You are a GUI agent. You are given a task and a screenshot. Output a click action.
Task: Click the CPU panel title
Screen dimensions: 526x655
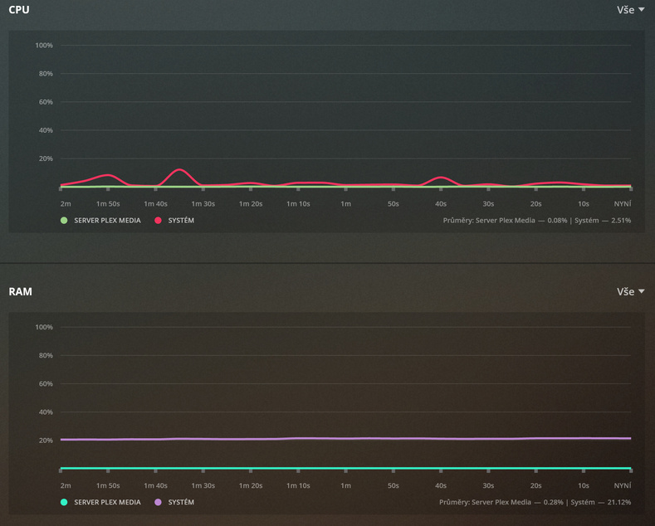click(x=20, y=9)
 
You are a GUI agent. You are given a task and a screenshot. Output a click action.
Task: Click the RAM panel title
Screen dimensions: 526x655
click(x=20, y=291)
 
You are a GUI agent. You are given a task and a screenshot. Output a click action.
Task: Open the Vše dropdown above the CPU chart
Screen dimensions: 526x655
click(x=630, y=10)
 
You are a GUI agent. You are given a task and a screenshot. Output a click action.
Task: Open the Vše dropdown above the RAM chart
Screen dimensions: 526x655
click(x=630, y=292)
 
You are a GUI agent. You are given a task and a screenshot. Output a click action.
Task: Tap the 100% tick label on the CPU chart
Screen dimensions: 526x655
click(x=44, y=45)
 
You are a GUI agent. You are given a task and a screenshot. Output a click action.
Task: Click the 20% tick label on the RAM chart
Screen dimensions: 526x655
click(x=46, y=441)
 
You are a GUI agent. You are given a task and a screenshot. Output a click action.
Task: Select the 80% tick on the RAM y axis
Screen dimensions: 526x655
click(x=46, y=355)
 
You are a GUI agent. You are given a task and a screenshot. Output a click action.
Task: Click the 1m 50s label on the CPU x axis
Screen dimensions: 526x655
click(x=108, y=203)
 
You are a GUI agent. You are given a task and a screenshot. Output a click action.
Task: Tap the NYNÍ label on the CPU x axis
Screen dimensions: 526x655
click(x=622, y=203)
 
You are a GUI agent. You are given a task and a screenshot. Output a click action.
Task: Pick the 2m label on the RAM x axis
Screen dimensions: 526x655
click(x=66, y=485)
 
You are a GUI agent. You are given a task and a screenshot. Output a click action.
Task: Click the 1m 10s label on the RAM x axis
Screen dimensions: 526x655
click(x=298, y=485)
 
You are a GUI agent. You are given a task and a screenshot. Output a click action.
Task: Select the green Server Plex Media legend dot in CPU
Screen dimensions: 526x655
click(x=64, y=221)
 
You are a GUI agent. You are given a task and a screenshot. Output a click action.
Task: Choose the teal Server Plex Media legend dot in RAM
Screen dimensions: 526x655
click(x=64, y=502)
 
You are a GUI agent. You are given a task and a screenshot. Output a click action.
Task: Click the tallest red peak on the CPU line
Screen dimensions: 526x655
click(x=179, y=169)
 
